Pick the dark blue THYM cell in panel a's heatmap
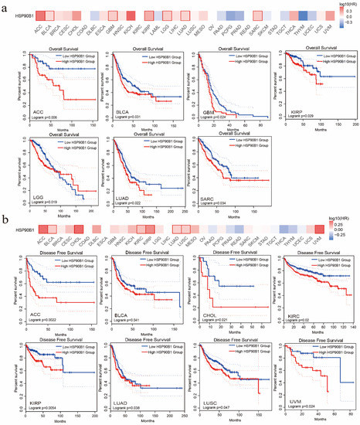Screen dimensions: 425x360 click(304, 15)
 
